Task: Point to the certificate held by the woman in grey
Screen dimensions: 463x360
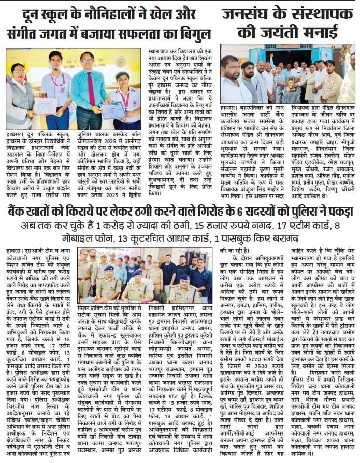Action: click(x=45, y=105)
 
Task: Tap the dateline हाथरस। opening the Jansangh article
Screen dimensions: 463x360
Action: click(x=231, y=108)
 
